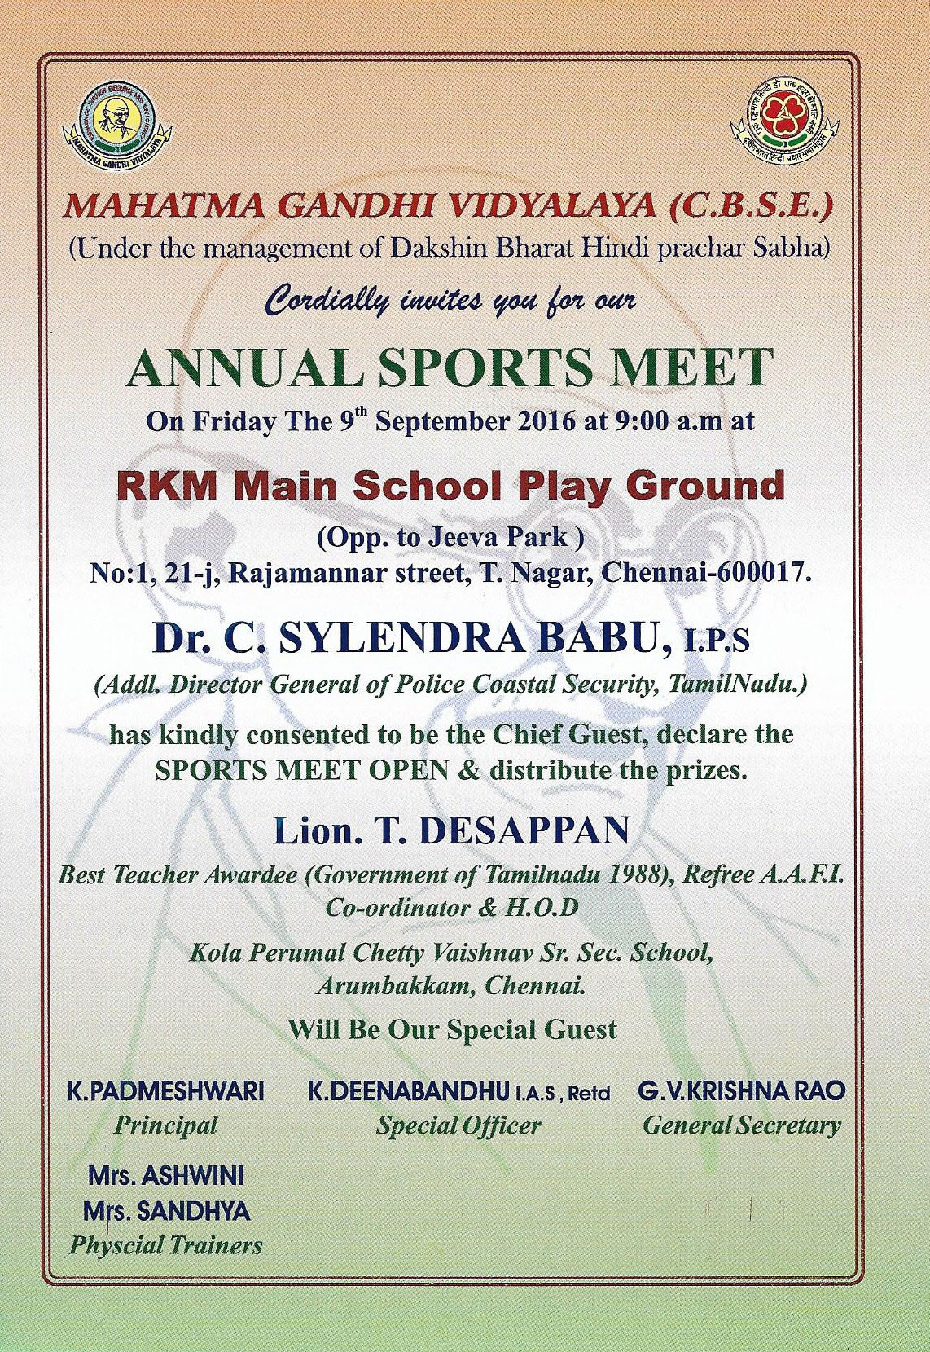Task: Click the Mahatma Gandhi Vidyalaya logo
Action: (x=118, y=126)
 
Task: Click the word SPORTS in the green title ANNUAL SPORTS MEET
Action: (x=488, y=368)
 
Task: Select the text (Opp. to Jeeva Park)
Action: (x=450, y=537)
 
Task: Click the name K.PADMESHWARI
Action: (x=165, y=1091)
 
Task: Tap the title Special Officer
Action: (x=458, y=1126)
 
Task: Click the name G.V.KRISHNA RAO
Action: (x=741, y=1091)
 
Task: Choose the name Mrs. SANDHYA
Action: (x=166, y=1212)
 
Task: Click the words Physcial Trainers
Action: (x=166, y=1246)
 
